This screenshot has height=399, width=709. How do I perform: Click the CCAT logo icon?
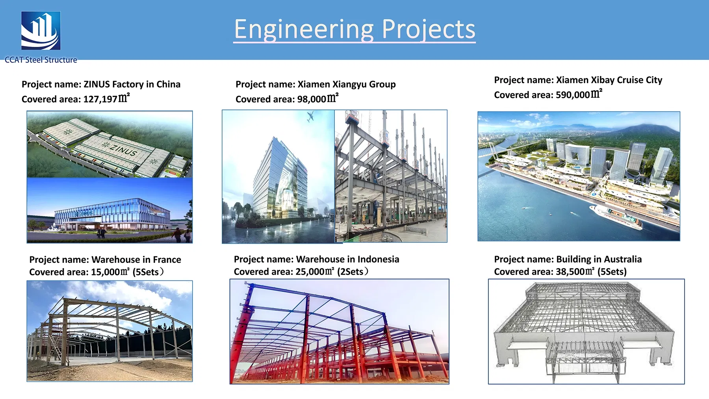pyautogui.click(x=41, y=31)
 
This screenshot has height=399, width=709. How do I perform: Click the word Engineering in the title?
pyautogui.click(x=304, y=30)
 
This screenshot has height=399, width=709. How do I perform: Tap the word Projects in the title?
pyautogui.click(x=429, y=30)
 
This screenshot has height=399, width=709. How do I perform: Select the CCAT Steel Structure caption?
pyautogui.click(x=41, y=60)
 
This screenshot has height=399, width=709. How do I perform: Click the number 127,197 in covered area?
pyautogui.click(x=100, y=99)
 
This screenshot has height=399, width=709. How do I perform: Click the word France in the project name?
pyautogui.click(x=167, y=260)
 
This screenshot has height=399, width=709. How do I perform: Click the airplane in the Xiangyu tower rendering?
pyautogui.click(x=310, y=116)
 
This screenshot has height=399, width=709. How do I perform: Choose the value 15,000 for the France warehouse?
pyautogui.click(x=105, y=272)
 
